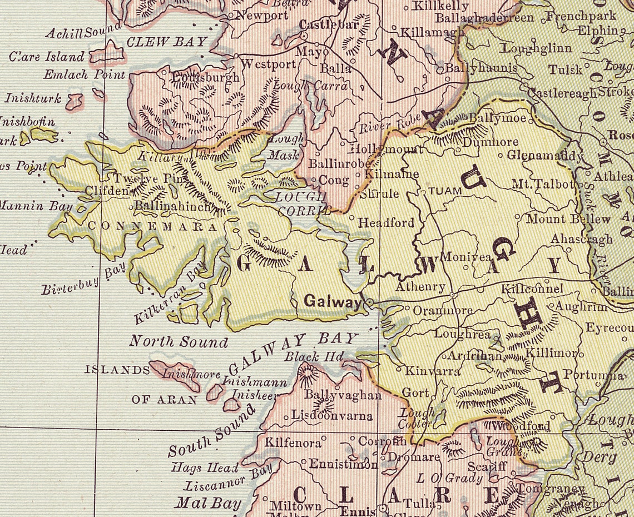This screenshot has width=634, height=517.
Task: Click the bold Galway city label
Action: click(333, 301)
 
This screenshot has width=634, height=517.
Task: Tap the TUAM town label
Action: click(445, 191)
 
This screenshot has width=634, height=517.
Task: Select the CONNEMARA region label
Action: click(152, 227)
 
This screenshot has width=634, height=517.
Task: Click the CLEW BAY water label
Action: click(166, 42)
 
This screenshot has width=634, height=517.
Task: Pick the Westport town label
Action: click(268, 64)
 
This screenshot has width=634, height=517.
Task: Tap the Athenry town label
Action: click(420, 287)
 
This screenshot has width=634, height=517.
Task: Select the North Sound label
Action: click(179, 341)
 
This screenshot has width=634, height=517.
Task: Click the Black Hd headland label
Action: click(314, 356)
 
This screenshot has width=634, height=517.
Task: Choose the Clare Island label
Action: click(47, 57)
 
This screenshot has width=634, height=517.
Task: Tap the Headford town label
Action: click(386, 222)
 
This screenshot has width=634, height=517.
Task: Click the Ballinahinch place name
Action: click(173, 206)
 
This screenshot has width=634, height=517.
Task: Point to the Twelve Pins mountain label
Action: click(143, 178)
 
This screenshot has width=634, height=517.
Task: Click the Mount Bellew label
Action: click(568, 218)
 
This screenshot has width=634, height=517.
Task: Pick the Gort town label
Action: click(415, 392)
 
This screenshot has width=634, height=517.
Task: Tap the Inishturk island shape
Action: click(74, 101)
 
